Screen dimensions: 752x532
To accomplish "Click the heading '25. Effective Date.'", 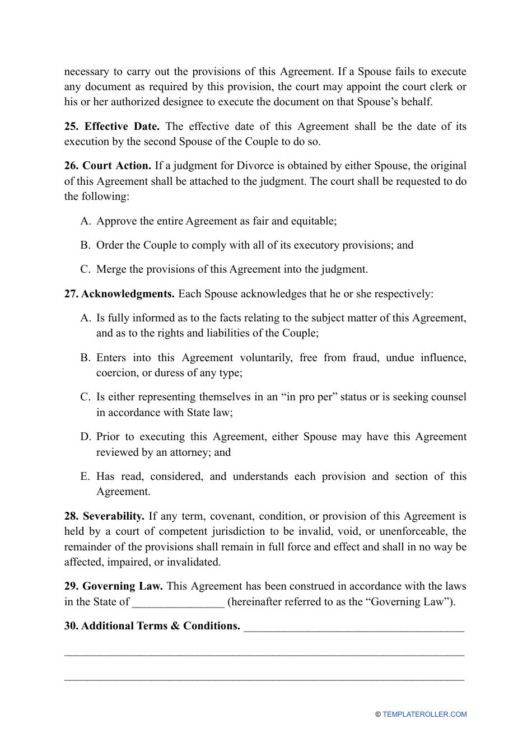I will click(x=111, y=127).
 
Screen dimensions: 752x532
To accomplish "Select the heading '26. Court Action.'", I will click(x=108, y=166).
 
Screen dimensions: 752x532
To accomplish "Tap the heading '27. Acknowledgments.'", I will click(x=119, y=294).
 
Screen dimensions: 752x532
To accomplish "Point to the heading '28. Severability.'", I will click(x=104, y=516).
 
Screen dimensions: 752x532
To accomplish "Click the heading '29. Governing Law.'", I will click(x=113, y=586).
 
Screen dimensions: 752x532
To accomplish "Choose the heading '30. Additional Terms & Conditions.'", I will click(x=152, y=626).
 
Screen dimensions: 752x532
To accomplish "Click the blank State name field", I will click(x=178, y=602).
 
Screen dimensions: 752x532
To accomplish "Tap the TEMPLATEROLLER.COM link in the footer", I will click(x=424, y=714).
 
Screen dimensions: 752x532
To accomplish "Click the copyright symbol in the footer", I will click(x=378, y=714).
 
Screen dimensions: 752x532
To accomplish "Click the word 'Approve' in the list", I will click(x=116, y=221).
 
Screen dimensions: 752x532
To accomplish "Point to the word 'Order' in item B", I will click(x=110, y=245).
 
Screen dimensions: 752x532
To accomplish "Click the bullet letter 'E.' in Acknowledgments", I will click(x=85, y=477).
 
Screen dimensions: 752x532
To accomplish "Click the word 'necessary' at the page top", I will click(x=86, y=72).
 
